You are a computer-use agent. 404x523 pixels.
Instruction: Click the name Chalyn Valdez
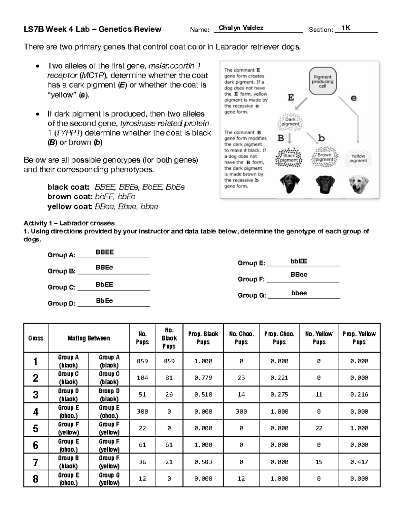point(241,28)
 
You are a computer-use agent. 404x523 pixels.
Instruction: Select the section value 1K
point(346,28)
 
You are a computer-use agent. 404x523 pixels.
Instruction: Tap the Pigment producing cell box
point(322,81)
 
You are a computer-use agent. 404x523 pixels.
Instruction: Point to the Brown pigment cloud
point(324,157)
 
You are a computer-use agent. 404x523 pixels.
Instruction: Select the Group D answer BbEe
point(104,301)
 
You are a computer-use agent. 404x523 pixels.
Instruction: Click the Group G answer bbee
point(299,293)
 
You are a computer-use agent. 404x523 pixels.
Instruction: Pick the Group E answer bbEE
point(299,261)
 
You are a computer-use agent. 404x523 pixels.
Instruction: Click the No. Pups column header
point(142,338)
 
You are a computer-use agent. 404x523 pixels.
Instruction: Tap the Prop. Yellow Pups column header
point(359,338)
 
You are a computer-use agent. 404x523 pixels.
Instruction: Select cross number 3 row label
point(36,394)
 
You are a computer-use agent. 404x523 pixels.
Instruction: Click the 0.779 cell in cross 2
point(203,378)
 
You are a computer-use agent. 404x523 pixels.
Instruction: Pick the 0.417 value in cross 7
point(359,462)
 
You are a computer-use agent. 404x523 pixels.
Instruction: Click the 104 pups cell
point(142,378)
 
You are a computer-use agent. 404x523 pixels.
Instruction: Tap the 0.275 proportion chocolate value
point(279,394)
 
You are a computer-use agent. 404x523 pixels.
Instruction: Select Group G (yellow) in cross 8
point(109,479)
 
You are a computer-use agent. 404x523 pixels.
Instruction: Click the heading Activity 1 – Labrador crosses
point(69,223)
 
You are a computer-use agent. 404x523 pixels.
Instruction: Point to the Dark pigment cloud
point(290,122)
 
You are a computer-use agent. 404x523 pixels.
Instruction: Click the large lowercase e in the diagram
point(353,98)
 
